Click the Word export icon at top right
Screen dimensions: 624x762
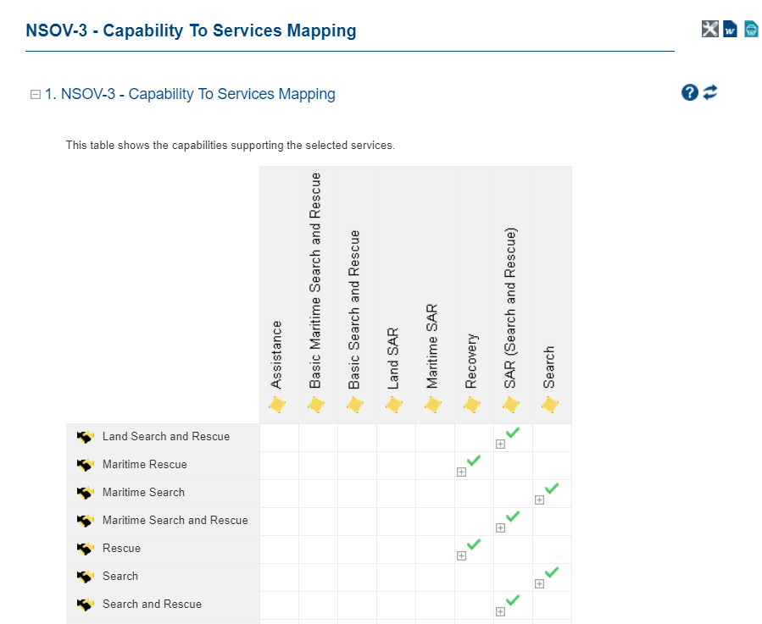pyautogui.click(x=731, y=30)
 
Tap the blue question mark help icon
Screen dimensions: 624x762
pyautogui.click(x=689, y=92)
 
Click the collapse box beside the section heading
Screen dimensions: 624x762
pyautogui.click(x=36, y=95)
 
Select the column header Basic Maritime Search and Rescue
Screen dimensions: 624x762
pyautogui.click(x=315, y=280)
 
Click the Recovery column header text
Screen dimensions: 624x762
pyautogui.click(x=471, y=361)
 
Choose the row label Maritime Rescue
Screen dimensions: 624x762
pyautogui.click(x=144, y=465)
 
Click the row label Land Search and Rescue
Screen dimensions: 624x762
pyautogui.click(x=165, y=437)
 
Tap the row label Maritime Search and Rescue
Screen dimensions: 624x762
pyautogui.click(x=175, y=521)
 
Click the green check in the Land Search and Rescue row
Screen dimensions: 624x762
pyautogui.click(x=513, y=433)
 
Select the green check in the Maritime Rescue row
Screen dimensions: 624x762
pyautogui.click(x=474, y=461)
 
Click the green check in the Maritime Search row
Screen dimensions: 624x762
pyautogui.click(x=552, y=489)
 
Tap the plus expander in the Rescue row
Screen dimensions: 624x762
pyautogui.click(x=461, y=556)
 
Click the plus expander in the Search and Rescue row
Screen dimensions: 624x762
pyautogui.click(x=500, y=612)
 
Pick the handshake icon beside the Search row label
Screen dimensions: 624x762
pyautogui.click(x=85, y=577)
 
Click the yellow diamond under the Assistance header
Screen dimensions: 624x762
pyautogui.click(x=277, y=406)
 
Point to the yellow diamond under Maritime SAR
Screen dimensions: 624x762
pyautogui.click(x=433, y=406)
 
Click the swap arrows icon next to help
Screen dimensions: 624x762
pyautogui.click(x=710, y=92)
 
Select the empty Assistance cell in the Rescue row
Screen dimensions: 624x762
pyautogui.click(x=279, y=549)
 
